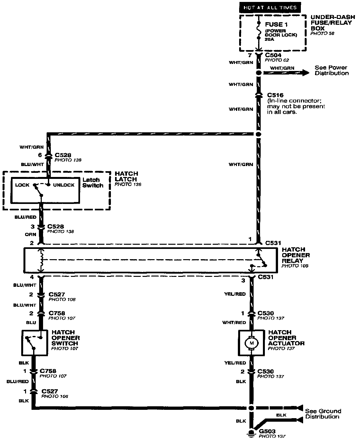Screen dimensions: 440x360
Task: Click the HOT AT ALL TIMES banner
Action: (269, 7)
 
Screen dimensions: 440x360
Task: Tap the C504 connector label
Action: (273, 55)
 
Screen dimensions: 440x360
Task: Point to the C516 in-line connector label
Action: (275, 95)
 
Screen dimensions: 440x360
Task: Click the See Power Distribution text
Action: (331, 70)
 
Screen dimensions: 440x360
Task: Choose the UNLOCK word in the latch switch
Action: (64, 185)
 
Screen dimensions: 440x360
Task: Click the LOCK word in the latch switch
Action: (22, 185)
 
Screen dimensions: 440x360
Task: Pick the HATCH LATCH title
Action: (126, 176)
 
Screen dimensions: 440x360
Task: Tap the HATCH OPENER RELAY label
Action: (296, 255)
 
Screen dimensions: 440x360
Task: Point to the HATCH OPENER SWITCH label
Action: (66, 338)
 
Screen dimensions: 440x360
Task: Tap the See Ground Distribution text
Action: (323, 414)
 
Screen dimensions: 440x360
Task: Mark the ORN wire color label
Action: (31, 234)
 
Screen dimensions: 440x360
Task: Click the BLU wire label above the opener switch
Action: (31, 322)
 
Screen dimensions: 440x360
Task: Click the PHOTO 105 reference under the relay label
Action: (295, 266)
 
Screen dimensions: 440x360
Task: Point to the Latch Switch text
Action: (93, 182)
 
